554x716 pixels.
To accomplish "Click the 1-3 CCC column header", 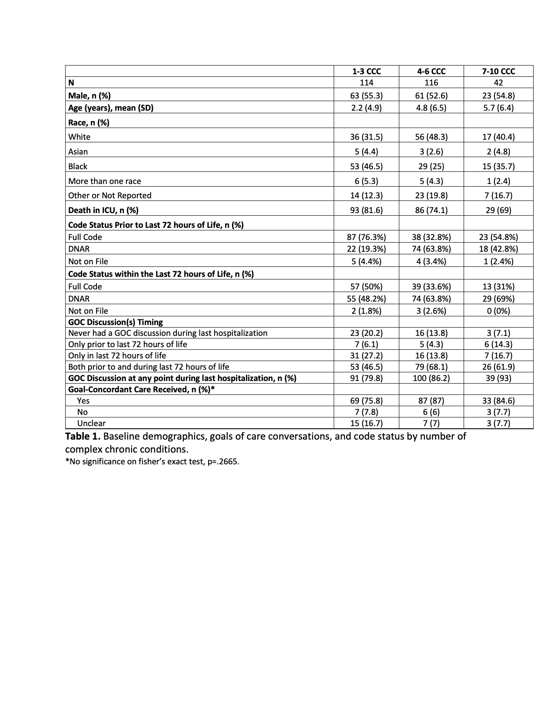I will point(366,71).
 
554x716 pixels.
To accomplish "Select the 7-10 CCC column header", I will point(498,71).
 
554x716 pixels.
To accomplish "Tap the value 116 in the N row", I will point(431,82).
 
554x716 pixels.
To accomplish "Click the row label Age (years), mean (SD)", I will point(111,108).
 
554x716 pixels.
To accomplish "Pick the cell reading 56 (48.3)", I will point(431,137).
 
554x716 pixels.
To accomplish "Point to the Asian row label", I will point(78,151).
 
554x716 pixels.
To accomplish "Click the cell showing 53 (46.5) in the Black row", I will point(366,166).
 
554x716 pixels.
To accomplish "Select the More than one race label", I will point(105,181).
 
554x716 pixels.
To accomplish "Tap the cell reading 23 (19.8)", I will point(431,195).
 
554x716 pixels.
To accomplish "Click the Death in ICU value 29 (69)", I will point(498,210).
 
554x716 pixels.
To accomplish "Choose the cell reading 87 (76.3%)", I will point(366,237).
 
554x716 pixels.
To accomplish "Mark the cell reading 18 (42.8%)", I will point(498,249).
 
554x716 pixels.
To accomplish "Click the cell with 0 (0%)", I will point(498,311).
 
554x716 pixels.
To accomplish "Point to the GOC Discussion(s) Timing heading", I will point(116,322).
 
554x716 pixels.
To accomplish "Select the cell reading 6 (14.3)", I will point(498,344).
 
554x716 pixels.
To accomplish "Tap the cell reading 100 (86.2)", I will point(431,378).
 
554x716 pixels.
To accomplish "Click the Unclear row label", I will point(91,423).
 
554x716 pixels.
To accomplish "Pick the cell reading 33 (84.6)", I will point(498,401).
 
